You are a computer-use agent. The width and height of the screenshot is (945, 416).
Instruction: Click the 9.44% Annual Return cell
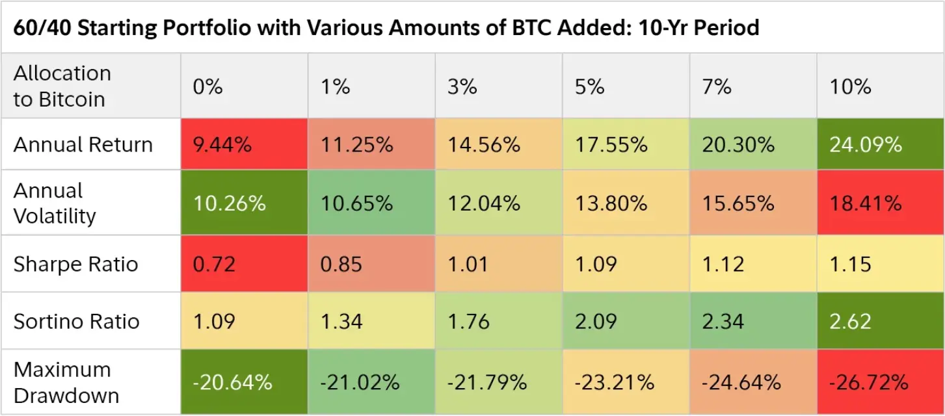222,144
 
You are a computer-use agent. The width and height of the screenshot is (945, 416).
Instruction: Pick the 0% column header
207,86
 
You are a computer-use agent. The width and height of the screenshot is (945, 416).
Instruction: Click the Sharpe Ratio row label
76,265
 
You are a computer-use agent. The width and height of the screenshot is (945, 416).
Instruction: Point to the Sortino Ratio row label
77,321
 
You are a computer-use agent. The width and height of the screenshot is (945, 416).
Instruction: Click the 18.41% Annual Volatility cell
865,203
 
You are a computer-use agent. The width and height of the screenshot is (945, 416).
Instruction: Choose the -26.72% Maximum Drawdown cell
868,382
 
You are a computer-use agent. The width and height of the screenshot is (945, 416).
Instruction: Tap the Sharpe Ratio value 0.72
214,265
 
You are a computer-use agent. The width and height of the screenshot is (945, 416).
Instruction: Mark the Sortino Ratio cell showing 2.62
850,321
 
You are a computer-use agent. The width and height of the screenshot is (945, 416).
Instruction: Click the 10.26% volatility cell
229,203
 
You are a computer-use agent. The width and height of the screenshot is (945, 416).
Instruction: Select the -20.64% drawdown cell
232,382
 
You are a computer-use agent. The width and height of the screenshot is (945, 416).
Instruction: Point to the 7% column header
717,86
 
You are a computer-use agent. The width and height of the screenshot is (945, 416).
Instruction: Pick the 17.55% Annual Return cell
611,144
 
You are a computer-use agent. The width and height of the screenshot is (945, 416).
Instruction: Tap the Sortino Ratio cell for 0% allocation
214,321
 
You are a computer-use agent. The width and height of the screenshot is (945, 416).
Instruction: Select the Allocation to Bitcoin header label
62,86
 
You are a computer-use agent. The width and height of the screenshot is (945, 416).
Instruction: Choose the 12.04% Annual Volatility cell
484,203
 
